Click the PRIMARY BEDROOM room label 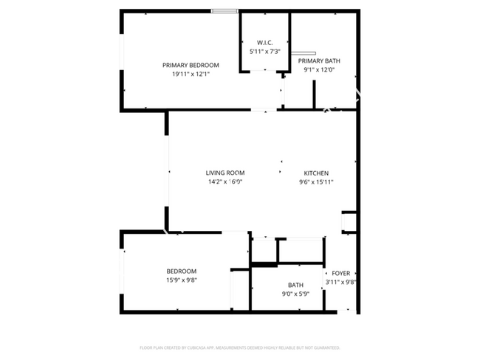pos(191,65)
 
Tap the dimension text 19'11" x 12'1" pos(191,74)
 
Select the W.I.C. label pos(265,42)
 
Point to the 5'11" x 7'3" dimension pos(265,51)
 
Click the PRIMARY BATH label pos(319,60)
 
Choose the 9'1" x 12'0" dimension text pos(319,69)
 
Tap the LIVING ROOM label pos(225,173)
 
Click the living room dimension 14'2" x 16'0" pos(225,181)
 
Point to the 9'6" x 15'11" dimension pos(316,181)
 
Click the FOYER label pos(340,273)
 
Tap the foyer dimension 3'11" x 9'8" pos(341,282)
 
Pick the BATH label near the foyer pos(295,285)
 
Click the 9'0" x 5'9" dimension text pos(295,294)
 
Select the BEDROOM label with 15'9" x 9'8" pos(181,271)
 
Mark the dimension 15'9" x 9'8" pos(181,280)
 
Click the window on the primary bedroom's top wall pos(224,11)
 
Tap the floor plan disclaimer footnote pos(239,347)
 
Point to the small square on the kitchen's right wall pos(349,221)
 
